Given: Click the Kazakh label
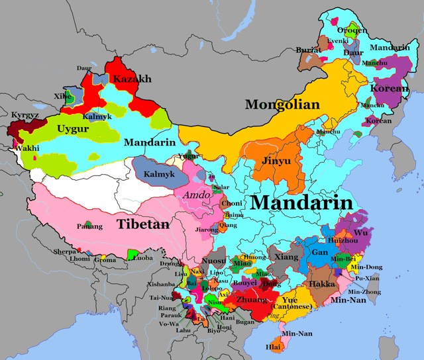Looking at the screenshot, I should click(x=132, y=79).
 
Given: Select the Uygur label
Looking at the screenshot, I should click(x=73, y=128).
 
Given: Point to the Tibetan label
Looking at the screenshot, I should click(x=142, y=224).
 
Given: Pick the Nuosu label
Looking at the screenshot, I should click(x=215, y=261).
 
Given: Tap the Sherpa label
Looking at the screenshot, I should click(x=65, y=251).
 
